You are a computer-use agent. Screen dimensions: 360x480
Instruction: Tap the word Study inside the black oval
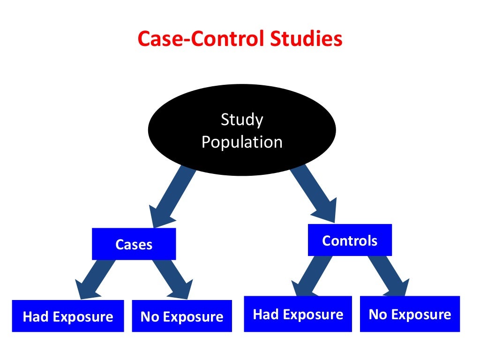pyautogui.click(x=242, y=120)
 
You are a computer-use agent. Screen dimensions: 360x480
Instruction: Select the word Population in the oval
pyautogui.click(x=242, y=142)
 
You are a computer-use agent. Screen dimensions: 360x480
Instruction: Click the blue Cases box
pyautogui.click(x=134, y=244)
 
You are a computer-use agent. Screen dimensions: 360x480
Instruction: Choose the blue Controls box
pyautogui.click(x=350, y=240)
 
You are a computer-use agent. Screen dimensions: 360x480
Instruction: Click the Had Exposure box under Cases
pyautogui.click(x=68, y=316)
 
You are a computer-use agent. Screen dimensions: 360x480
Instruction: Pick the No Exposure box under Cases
pyautogui.click(x=182, y=316)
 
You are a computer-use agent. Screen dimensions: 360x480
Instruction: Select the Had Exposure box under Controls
pyautogui.click(x=298, y=314)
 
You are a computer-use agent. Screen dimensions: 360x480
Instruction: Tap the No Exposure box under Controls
pyautogui.click(x=410, y=314)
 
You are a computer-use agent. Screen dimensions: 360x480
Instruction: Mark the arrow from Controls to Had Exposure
pyautogui.click(x=309, y=277)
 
